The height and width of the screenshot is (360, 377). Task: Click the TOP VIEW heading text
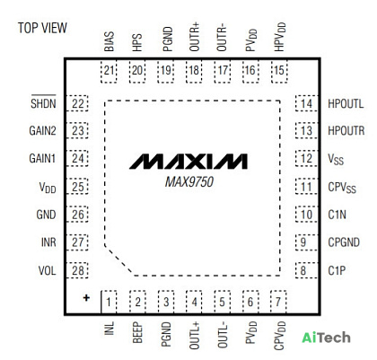(x=42, y=28)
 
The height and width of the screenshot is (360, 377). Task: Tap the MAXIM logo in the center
(x=188, y=162)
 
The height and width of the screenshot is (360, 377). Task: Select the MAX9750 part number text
(x=189, y=182)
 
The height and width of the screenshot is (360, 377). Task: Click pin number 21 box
(x=109, y=71)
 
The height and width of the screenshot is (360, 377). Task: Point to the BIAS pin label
(x=109, y=41)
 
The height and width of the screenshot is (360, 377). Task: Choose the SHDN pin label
(x=43, y=103)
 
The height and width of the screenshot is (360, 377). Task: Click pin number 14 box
(x=306, y=103)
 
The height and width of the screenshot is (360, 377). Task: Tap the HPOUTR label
(x=346, y=131)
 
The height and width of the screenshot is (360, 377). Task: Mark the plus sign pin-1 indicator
(x=86, y=298)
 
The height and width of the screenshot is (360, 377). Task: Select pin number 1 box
(x=109, y=302)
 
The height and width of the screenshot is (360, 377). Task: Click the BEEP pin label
(x=137, y=332)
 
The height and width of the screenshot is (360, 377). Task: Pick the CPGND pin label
(x=344, y=242)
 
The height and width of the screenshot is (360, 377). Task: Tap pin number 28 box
(x=77, y=270)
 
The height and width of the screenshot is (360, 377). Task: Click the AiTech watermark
(x=326, y=338)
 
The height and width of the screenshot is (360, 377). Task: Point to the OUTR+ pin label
(x=194, y=39)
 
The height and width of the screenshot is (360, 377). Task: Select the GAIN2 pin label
(x=42, y=131)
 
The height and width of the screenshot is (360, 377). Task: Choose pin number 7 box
(x=278, y=302)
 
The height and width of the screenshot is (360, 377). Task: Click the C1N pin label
(x=338, y=215)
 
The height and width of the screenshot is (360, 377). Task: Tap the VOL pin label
(x=47, y=270)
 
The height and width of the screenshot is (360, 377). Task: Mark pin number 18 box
(x=194, y=71)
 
